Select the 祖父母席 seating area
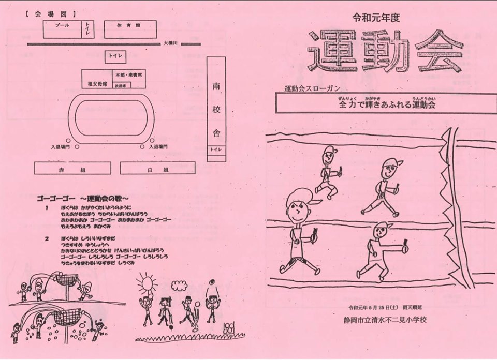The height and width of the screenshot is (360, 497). pos(97,84)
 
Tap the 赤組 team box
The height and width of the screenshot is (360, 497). pos(72,169)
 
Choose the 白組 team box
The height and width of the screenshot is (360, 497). pos(158,169)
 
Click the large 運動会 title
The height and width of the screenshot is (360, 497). pos(384,51)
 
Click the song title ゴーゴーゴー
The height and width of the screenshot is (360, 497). pos(56,199)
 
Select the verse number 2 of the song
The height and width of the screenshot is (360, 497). pos(47,239)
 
